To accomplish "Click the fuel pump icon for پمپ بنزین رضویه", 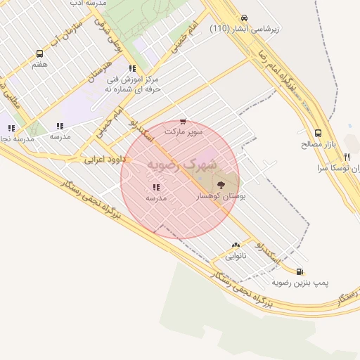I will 300,271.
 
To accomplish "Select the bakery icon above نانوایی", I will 236,245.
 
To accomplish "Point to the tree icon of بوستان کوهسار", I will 221,185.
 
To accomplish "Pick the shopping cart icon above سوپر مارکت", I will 184,121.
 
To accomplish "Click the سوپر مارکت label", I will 184,131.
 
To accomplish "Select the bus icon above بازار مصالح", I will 318,133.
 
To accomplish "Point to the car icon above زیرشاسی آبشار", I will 244,18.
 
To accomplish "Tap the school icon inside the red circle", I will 155,187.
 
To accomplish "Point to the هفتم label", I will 39,64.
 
